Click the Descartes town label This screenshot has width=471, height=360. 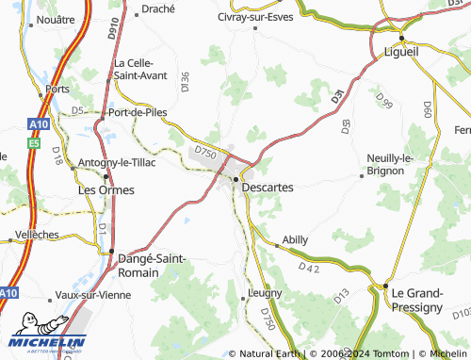268,188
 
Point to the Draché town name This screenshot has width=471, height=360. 157,9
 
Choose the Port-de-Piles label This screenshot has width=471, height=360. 138,112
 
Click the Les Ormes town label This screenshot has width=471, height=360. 105,189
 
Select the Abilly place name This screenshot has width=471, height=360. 295,240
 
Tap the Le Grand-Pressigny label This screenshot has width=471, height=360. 416,300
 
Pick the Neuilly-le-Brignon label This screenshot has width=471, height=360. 390,164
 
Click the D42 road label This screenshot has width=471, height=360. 310,269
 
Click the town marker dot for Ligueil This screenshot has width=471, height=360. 402,37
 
